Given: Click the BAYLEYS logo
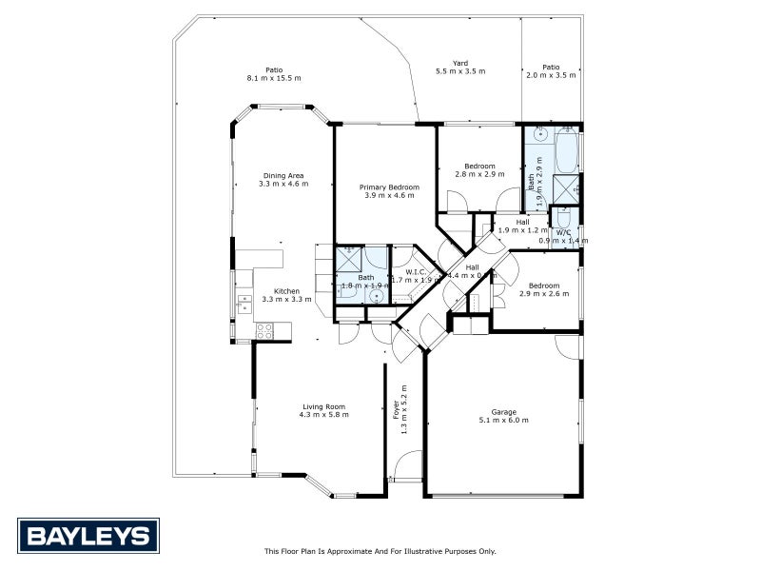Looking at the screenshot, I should point(88,535).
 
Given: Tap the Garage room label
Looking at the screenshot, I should point(503,415).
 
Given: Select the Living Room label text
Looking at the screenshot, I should point(323,410).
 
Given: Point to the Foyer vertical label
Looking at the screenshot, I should point(399,403).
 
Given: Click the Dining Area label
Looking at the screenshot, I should point(283,179).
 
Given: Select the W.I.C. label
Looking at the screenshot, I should point(418,276).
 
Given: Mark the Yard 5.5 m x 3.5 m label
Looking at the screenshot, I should point(460,67).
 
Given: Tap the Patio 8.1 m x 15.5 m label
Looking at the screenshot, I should point(274,73).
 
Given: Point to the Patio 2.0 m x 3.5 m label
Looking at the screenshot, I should point(552,70).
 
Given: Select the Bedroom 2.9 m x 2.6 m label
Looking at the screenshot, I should point(543,289).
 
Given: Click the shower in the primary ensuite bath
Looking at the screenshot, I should point(349,257).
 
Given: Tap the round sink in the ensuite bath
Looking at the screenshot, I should point(378,296).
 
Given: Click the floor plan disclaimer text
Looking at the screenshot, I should point(380,551).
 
